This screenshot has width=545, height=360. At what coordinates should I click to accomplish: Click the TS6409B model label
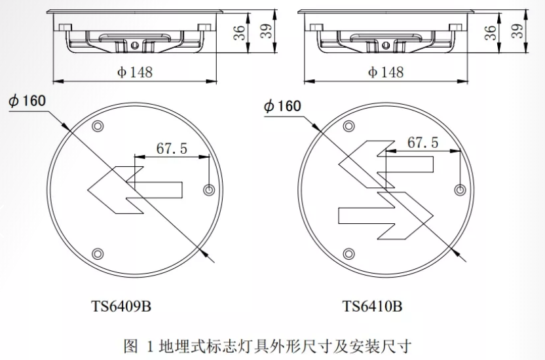121,306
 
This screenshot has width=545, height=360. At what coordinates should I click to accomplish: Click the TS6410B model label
372,306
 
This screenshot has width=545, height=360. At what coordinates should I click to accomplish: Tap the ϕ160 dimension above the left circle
28,101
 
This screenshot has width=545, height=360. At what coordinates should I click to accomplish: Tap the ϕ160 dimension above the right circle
282,106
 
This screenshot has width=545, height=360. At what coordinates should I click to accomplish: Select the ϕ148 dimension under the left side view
135,72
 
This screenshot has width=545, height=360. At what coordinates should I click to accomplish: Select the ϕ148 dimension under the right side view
386,72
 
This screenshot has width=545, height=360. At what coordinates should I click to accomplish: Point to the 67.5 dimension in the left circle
172,148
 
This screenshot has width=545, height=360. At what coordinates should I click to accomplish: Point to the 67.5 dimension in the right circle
423,142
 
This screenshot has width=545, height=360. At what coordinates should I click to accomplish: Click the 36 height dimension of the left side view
239,33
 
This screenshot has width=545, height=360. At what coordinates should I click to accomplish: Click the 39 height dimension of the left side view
266,31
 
